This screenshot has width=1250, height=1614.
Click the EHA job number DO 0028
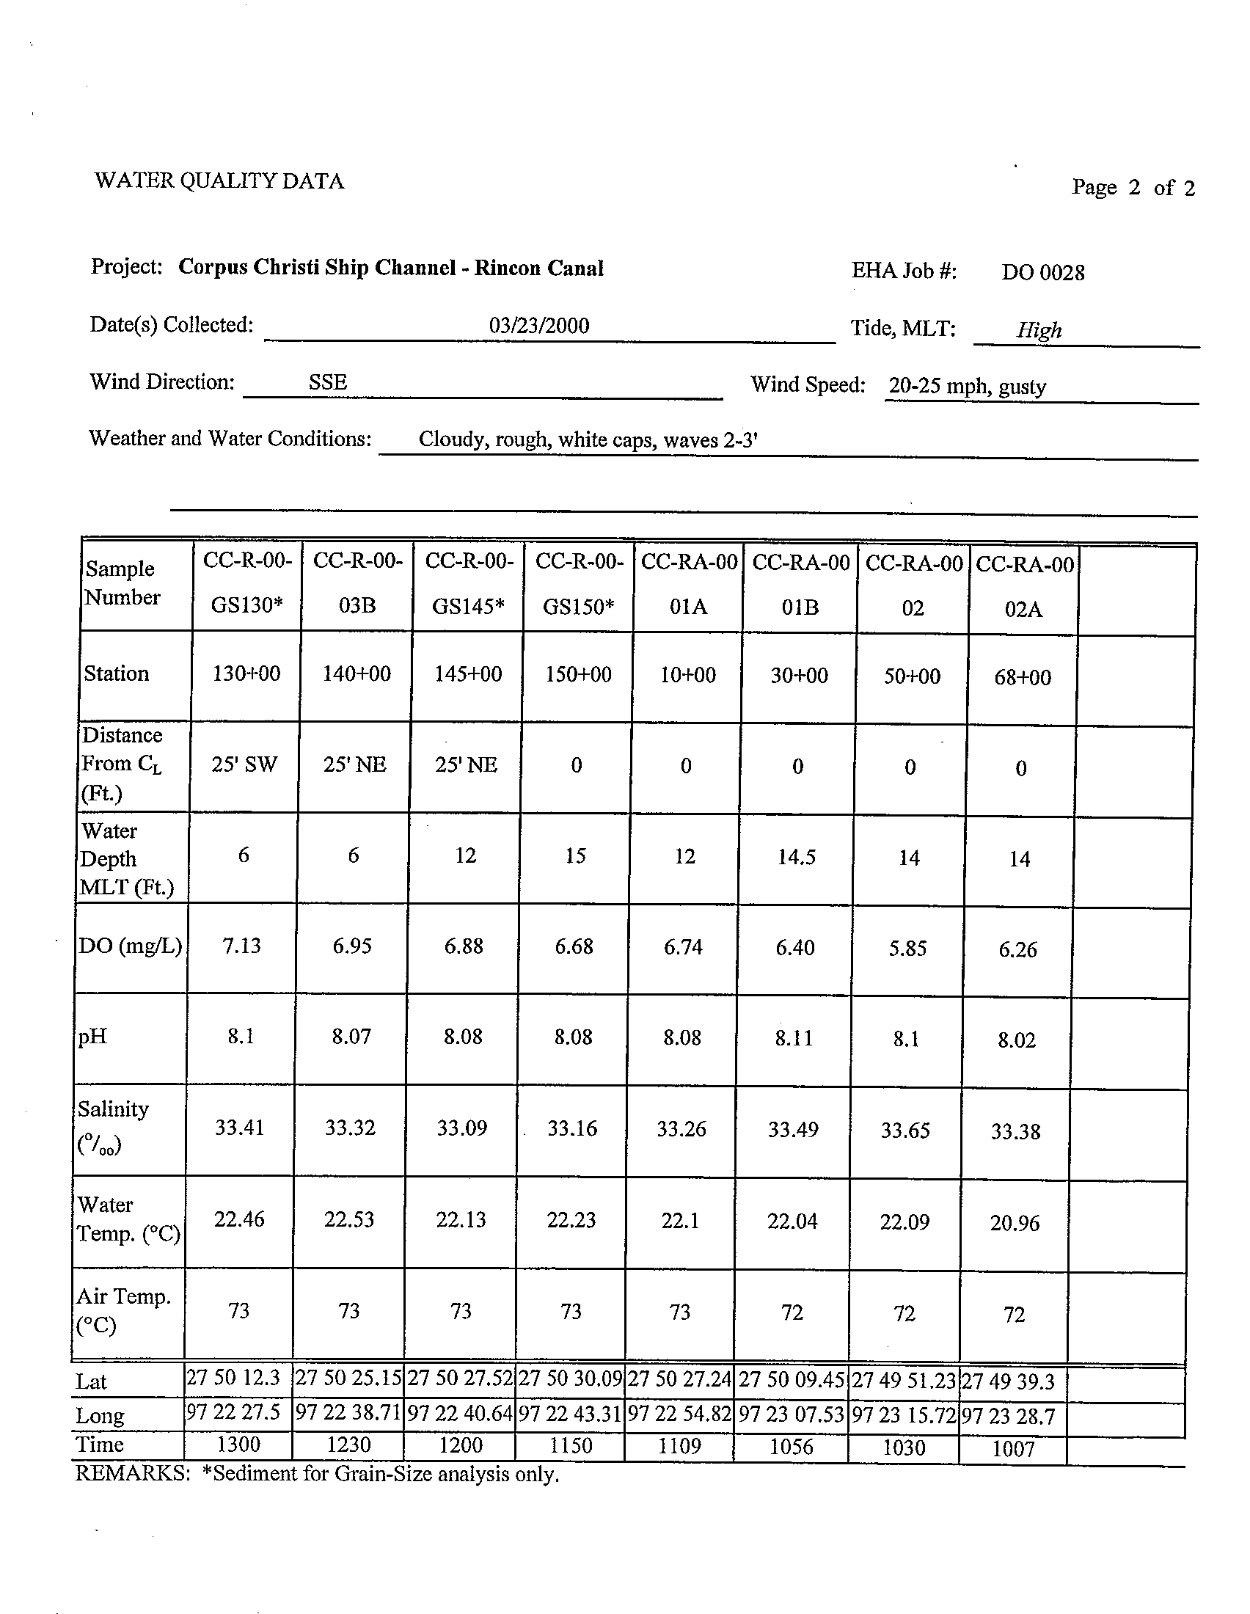coord(1042,273)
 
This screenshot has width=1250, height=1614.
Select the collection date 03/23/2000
coord(538,326)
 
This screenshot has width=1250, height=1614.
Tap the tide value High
coord(1039,329)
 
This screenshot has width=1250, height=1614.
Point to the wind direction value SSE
coord(327,382)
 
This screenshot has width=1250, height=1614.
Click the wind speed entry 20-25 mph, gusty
coord(967,387)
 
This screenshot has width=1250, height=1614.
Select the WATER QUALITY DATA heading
coord(219,181)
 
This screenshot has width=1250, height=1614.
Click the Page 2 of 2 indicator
coord(1133,188)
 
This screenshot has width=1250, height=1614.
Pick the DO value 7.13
coord(241,946)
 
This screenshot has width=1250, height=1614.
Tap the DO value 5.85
coord(907,949)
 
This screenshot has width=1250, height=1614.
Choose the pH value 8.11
coord(794,1038)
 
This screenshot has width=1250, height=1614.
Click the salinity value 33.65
coord(905,1131)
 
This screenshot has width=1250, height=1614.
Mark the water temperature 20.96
coord(1015,1223)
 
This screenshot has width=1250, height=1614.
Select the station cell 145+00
coord(467,674)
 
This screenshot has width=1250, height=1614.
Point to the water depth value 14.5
coord(797,857)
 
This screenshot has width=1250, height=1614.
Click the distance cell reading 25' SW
coord(244,764)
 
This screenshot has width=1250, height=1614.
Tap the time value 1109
coord(679,1445)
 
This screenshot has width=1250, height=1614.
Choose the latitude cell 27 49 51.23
coord(904,1381)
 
